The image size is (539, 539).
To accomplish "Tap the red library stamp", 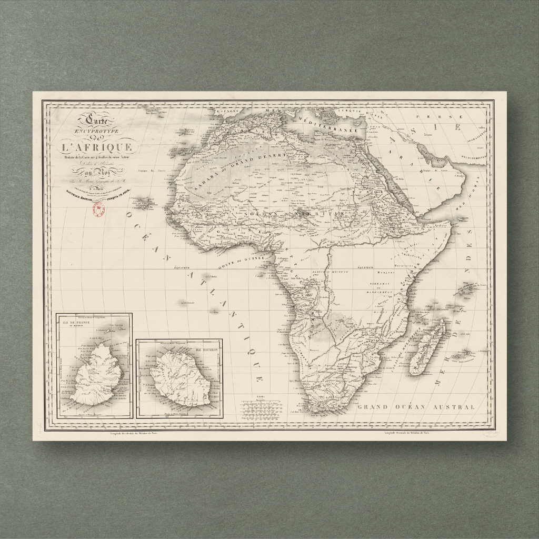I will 98,210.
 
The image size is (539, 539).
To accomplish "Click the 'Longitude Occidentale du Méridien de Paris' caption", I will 134,433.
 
